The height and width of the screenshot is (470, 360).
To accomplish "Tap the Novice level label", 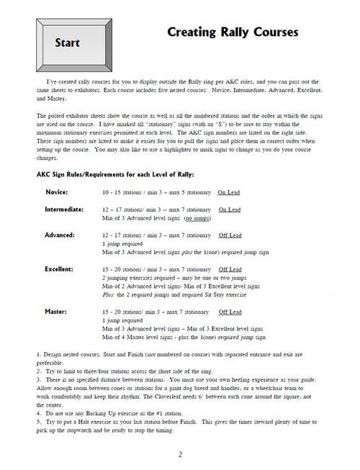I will (57, 194).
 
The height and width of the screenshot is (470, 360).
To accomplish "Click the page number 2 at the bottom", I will (180, 454).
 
